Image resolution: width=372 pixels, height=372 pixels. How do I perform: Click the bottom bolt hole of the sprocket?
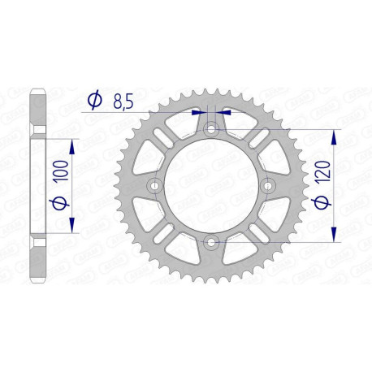coord(211,240)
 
